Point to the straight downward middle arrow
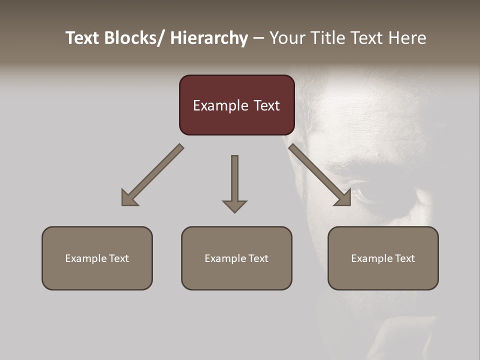(x=234, y=180)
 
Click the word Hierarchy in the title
(x=209, y=38)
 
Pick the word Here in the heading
(x=408, y=38)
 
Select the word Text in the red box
(x=266, y=105)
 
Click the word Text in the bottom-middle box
(x=258, y=258)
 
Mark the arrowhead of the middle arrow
(x=234, y=206)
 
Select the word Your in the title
(x=287, y=38)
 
